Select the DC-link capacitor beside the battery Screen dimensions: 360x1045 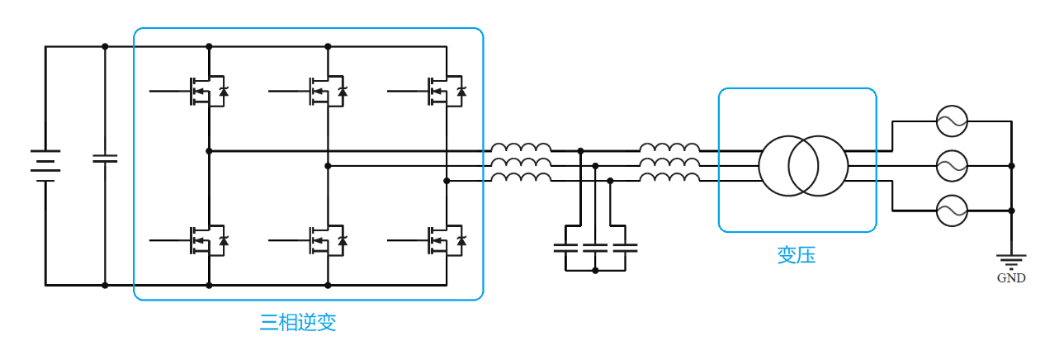click(x=105, y=158)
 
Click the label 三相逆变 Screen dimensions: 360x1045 click(x=298, y=322)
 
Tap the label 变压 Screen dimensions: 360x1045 click(x=796, y=255)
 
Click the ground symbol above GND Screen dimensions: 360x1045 click(x=1011, y=260)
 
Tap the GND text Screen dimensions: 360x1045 click(x=1011, y=278)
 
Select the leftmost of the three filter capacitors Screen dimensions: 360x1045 click(x=566, y=246)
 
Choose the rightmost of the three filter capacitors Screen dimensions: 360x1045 click(x=625, y=246)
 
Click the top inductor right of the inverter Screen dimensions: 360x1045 click(x=521, y=149)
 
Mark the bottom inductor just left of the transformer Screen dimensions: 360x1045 click(x=669, y=178)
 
